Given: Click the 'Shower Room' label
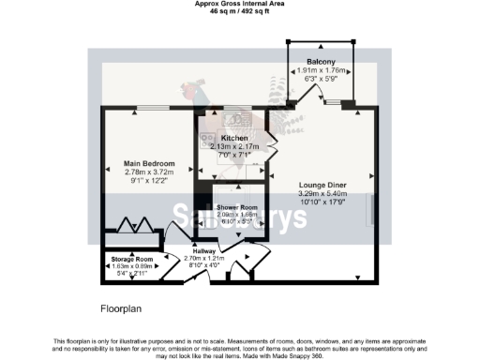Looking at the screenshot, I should pyautogui.click(x=235, y=206).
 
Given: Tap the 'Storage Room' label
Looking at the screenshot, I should pyautogui.click(x=130, y=258).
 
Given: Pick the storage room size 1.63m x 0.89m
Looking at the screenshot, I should pyautogui.click(x=130, y=266).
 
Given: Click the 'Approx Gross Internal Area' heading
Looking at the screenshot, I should pyautogui.click(x=239, y=4).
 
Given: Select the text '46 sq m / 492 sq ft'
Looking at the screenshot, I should pyautogui.click(x=239, y=11).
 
